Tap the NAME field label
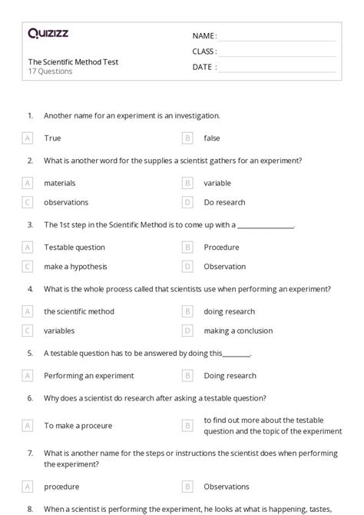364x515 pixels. (204, 36)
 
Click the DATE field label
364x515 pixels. (204, 67)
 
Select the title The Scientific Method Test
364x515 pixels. (73, 61)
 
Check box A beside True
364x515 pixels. (28, 138)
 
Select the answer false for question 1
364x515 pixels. (212, 138)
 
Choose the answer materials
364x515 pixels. (60, 183)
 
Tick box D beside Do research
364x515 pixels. (187, 202)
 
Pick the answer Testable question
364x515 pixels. (74, 248)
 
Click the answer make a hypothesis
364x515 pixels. (75, 267)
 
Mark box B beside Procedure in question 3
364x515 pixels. (187, 248)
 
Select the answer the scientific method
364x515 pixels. (79, 311)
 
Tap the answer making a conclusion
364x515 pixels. (238, 331)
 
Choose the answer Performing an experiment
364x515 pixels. (89, 376)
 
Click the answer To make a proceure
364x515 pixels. (78, 425)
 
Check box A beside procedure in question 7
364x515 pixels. (28, 487)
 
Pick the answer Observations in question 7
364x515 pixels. (227, 487)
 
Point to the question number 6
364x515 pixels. (30, 398)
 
